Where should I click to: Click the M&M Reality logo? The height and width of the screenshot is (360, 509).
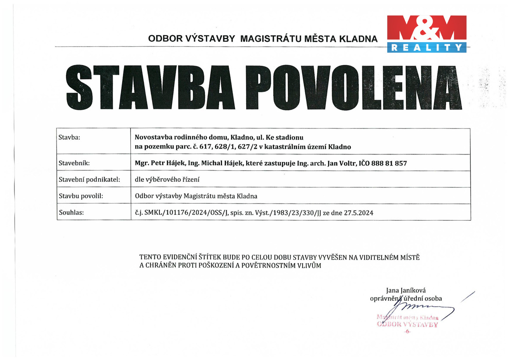coord(427,34)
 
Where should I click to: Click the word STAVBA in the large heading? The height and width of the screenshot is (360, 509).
coord(150,87)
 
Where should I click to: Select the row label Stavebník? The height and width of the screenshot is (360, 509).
coord(74,163)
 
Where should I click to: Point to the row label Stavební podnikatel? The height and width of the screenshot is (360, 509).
coord(89,179)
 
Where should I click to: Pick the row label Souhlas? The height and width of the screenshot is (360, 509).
coord(71,213)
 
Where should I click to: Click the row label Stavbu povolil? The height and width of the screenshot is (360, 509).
coord(81,196)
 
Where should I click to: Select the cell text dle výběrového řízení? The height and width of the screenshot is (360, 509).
coord(167,180)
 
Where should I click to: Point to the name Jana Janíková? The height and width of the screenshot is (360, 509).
coord(406,290)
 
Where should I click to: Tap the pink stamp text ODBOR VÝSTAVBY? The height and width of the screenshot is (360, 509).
coord(407,324)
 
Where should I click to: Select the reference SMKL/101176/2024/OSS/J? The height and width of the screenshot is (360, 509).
coord(186,213)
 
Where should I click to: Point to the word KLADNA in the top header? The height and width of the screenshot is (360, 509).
coord(358,39)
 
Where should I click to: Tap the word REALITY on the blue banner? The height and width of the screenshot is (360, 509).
coord(427,47)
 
